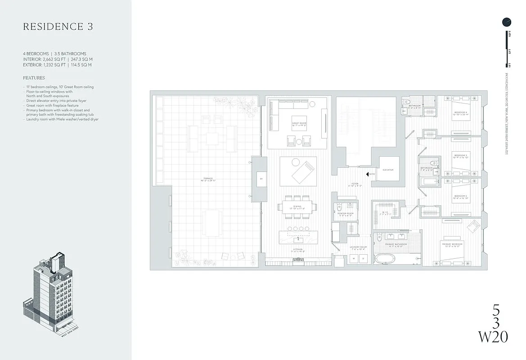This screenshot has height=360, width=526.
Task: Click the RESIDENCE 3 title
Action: point(58,27)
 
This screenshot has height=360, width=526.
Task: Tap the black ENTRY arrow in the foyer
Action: point(368,174)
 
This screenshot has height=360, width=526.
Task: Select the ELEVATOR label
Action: point(389,170)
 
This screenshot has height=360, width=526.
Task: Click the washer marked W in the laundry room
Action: point(354,259)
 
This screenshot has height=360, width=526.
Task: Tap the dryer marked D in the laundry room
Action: point(363,259)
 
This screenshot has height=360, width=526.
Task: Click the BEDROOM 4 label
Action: point(460,112)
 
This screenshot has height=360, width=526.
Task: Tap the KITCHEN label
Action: point(297,250)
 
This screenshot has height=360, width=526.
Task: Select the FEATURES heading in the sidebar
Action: point(34,78)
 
